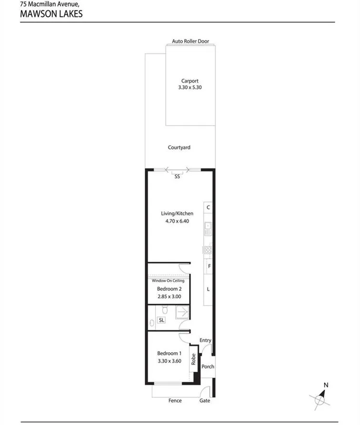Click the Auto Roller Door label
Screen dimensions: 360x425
pyautogui.click(x=190, y=41)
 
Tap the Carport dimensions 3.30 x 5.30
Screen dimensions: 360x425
pyautogui.click(x=190, y=87)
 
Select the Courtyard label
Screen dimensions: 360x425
pyautogui.click(x=179, y=148)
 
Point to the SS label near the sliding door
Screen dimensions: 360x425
pyautogui.click(x=177, y=177)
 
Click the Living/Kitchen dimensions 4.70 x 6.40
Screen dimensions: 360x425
pyautogui.click(x=177, y=221)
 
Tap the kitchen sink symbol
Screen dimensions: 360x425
pyautogui.click(x=208, y=229)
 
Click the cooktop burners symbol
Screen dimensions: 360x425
pyautogui.click(x=208, y=250)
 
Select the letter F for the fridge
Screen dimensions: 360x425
pyautogui.click(x=209, y=266)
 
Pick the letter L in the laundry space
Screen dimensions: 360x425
pyautogui.click(x=208, y=289)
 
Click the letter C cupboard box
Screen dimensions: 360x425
pyautogui.click(x=208, y=208)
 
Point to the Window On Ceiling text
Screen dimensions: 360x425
pyautogui.click(x=168, y=280)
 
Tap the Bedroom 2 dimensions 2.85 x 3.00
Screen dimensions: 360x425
pyautogui.click(x=169, y=297)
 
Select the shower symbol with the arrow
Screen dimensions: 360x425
pyautogui.click(x=182, y=312)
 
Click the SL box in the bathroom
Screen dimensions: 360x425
pyautogui.click(x=161, y=320)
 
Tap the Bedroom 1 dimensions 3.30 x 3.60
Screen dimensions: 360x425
pyautogui.click(x=170, y=361)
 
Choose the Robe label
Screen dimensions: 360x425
pyautogui.click(x=193, y=359)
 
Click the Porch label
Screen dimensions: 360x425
pyautogui.click(x=208, y=366)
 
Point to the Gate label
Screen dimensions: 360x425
pyautogui.click(x=205, y=401)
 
